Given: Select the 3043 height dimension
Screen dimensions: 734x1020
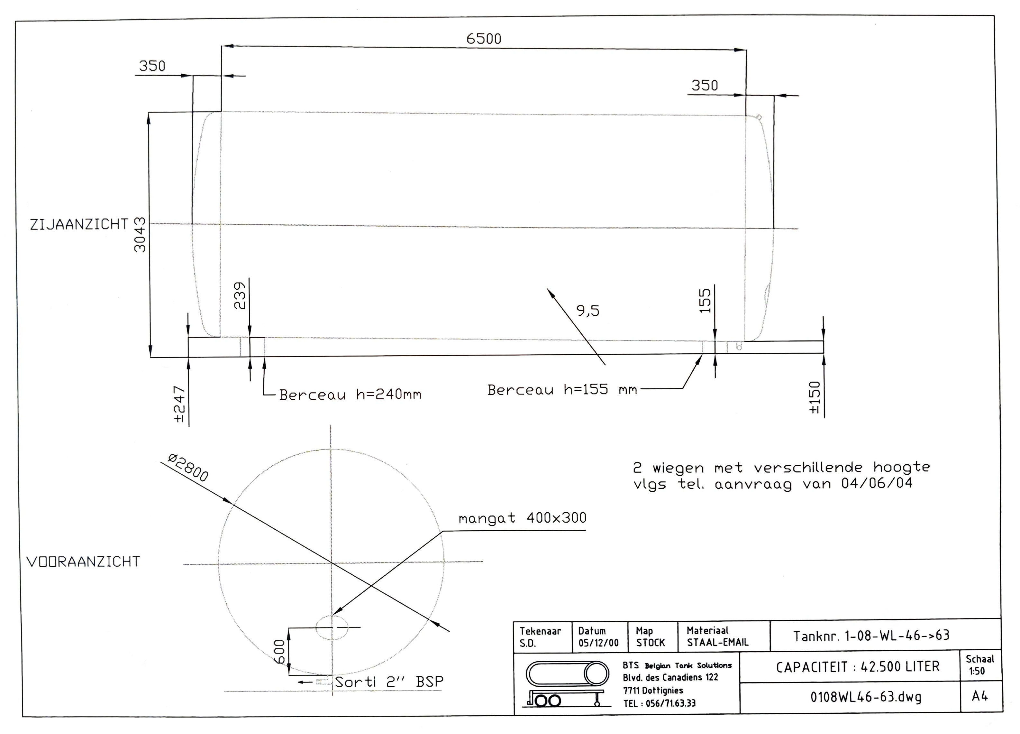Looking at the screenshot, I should (x=140, y=235).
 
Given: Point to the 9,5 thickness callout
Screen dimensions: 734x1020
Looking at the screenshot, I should (x=588, y=311).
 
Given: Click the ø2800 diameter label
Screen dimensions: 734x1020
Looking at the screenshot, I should (x=188, y=468).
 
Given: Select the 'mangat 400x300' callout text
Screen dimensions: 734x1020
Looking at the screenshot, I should (x=522, y=518).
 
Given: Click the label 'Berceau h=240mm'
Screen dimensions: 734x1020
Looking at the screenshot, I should (x=350, y=395).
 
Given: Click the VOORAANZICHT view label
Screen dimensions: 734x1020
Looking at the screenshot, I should (x=84, y=562).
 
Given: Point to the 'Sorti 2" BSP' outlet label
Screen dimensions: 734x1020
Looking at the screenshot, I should (x=388, y=682).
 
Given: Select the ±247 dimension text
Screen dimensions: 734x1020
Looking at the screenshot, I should (x=179, y=404).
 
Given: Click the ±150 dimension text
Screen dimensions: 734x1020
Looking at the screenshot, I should (x=815, y=397).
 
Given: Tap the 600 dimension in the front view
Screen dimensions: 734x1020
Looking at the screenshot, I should (x=279, y=651).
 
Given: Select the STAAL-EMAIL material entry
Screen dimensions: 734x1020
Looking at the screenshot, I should (x=717, y=643).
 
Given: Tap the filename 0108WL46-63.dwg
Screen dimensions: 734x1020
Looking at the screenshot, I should (x=866, y=697).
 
